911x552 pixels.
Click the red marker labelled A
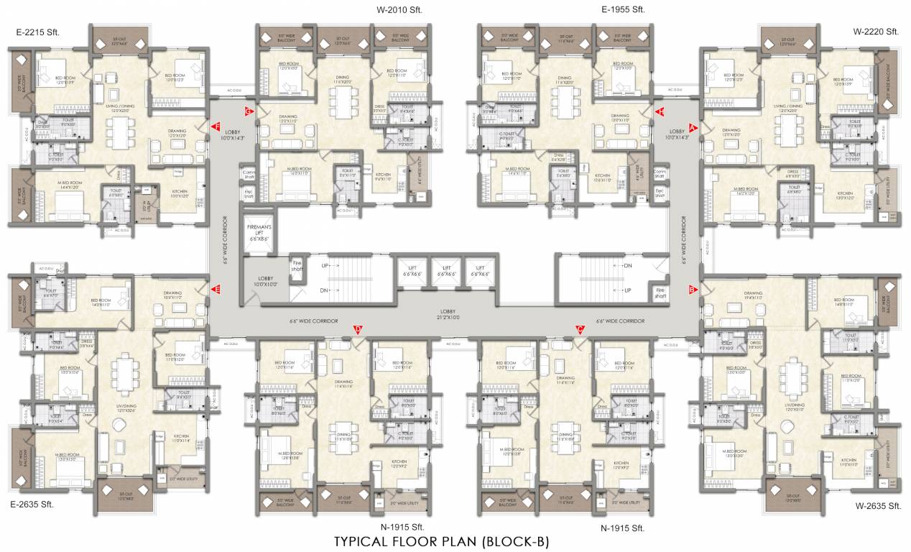693,127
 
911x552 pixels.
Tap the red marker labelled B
693,290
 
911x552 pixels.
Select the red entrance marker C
580,330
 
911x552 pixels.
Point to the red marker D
359,330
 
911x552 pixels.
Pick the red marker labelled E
216,290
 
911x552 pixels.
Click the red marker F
216,127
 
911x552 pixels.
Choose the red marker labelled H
660,111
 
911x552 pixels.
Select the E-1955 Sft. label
623,9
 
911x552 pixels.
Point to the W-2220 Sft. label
876,32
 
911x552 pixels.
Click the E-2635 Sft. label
33,505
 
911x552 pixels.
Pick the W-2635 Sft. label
878,505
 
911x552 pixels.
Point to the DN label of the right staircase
628,265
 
